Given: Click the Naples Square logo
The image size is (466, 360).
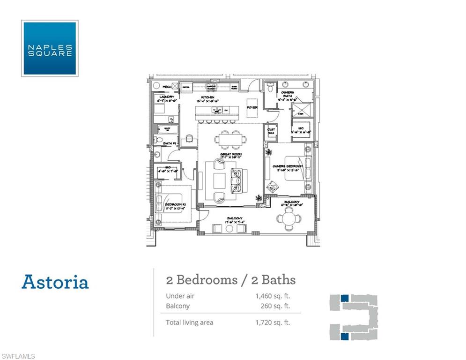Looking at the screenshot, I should point(50,48).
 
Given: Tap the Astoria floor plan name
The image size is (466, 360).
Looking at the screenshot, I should point(55,282).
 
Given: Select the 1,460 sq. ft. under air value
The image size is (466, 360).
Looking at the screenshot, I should point(273,296).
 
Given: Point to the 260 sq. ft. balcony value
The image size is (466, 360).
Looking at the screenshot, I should point(275,306).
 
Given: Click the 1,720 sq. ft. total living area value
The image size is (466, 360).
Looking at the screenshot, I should point(273,322).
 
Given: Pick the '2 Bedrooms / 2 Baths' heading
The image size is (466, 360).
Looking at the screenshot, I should point(231,280).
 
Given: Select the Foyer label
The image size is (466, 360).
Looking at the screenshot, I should point(252,107).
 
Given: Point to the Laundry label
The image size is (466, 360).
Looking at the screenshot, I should point(166,97).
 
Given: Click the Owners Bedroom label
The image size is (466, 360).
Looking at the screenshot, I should point(288,166).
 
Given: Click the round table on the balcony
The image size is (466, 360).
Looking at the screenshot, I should point(286,218).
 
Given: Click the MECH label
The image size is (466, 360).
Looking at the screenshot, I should point(166,87).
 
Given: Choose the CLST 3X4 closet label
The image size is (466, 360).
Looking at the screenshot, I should point(271,132).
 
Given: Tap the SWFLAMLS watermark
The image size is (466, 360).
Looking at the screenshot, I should point(18,356).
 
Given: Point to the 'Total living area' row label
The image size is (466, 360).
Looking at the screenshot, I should point(189,322).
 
